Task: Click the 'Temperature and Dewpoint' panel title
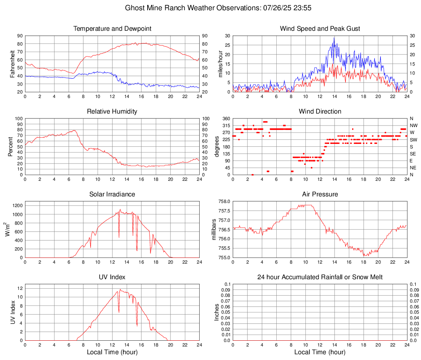(x=112, y=29)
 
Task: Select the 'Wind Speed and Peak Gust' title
(x=320, y=29)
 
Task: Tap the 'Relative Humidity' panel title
(x=112, y=112)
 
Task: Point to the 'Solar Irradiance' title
(x=112, y=194)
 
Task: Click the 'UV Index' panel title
(x=112, y=277)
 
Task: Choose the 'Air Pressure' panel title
(x=320, y=194)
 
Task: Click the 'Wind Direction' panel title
(x=320, y=112)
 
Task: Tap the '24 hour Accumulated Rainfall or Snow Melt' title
(x=320, y=277)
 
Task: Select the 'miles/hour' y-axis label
(x=221, y=64)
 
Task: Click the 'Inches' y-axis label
(x=217, y=312)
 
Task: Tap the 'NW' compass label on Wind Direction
(x=413, y=125)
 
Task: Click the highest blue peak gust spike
(x=334, y=38)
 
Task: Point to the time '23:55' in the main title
(x=289, y=8)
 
